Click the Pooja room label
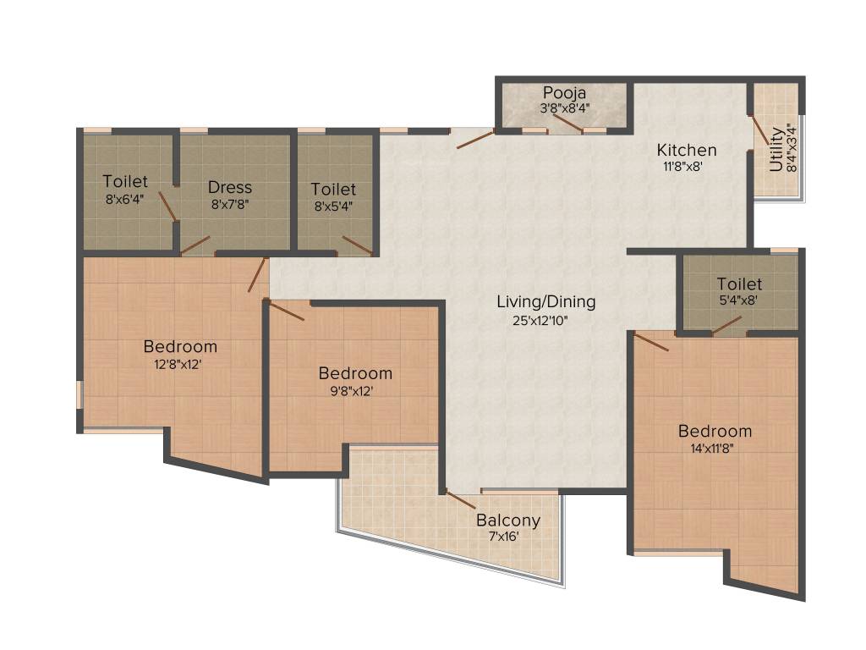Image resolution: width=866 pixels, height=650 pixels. click(x=564, y=92)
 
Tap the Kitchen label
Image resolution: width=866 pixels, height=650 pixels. click(x=687, y=150)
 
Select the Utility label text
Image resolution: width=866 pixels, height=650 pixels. click(x=776, y=149)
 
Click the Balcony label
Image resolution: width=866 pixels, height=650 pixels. click(x=508, y=521)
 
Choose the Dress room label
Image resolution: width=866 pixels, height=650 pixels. click(x=230, y=187)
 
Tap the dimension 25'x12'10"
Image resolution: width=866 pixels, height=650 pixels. click(x=540, y=320)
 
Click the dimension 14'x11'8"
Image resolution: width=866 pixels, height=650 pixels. click(x=712, y=449)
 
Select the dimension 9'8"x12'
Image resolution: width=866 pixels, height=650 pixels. click(x=352, y=391)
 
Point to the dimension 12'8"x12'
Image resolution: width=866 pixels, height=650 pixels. click(x=178, y=364)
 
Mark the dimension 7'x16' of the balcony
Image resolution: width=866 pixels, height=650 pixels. click(x=504, y=536)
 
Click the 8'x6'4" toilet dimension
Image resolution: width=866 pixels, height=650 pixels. click(x=125, y=199)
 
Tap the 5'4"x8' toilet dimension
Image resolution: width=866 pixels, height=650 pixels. click(x=738, y=300)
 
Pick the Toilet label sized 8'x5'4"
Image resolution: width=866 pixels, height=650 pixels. click(x=333, y=189)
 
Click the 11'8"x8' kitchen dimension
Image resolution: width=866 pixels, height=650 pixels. click(x=682, y=166)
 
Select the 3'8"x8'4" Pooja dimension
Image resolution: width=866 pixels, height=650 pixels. click(x=564, y=107)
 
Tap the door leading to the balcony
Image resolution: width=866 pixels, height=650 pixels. click(x=460, y=499)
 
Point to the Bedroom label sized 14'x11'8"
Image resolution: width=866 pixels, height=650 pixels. click(x=715, y=431)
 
